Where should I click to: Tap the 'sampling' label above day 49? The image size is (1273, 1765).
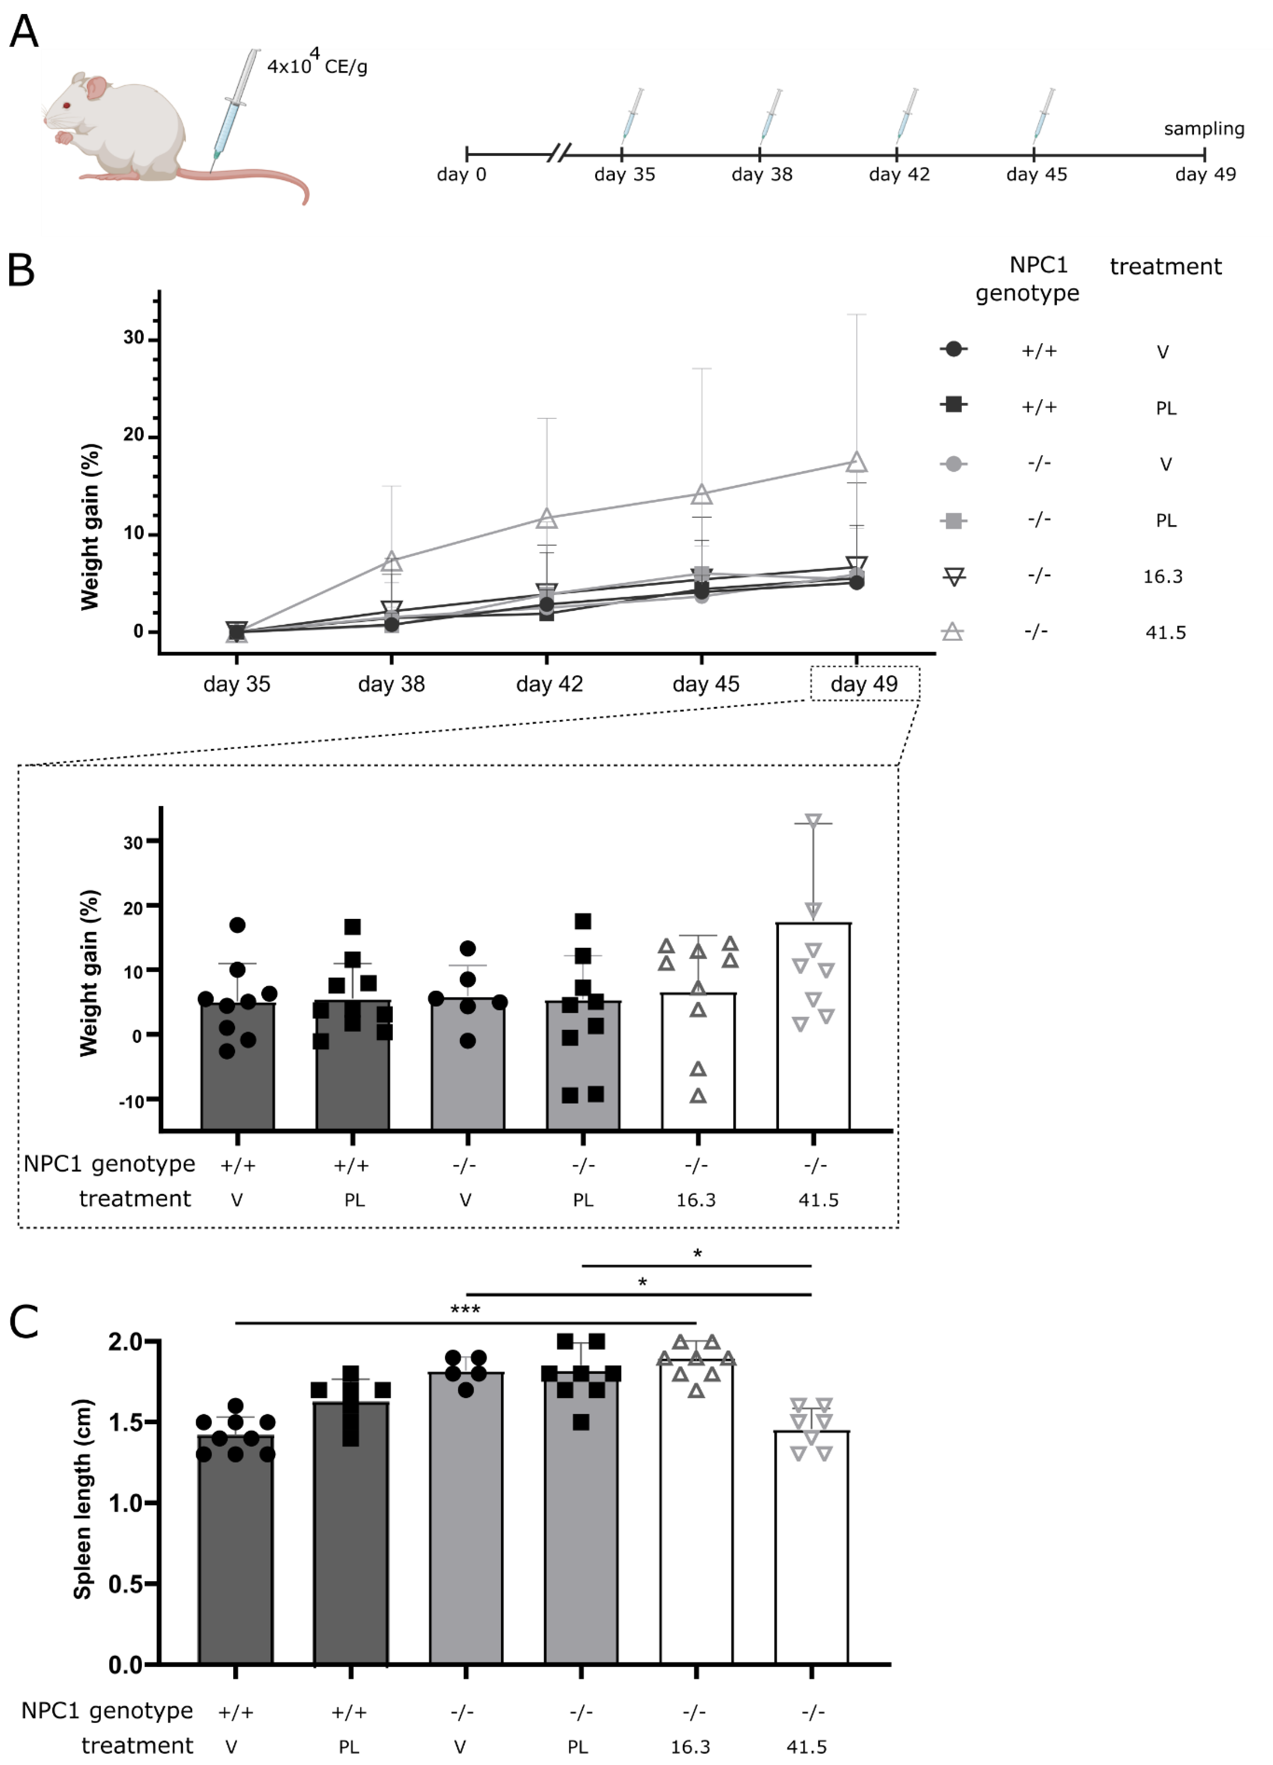[1204, 129]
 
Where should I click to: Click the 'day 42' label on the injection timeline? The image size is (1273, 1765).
[899, 174]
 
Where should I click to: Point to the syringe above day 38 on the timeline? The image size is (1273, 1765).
[771, 113]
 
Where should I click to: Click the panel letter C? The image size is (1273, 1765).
[23, 1321]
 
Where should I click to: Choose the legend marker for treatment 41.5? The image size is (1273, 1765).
[952, 632]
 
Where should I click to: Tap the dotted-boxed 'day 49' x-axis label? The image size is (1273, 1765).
[864, 684]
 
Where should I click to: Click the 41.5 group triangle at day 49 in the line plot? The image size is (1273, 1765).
[857, 462]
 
